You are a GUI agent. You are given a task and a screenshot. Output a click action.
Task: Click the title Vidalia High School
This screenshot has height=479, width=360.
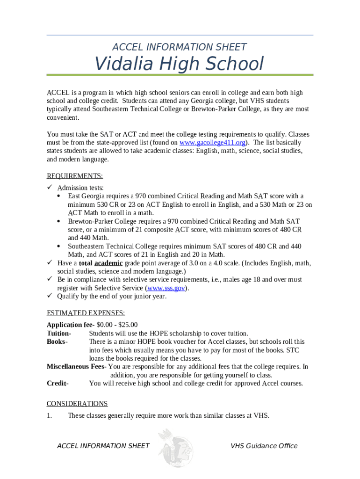pyautogui.click(x=180, y=64)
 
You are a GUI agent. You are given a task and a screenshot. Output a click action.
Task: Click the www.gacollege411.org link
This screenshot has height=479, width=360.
pyautogui.click(x=213, y=142)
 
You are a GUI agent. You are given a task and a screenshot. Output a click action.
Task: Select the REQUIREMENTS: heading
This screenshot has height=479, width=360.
pyautogui.click(x=75, y=176)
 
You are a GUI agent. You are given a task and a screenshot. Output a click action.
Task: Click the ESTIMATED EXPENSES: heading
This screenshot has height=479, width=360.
pyautogui.click(x=86, y=313)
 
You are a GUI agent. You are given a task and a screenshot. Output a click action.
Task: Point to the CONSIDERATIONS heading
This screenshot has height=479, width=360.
pyautogui.click(x=77, y=403)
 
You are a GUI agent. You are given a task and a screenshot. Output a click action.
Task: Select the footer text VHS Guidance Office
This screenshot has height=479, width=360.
pyautogui.click(x=264, y=446)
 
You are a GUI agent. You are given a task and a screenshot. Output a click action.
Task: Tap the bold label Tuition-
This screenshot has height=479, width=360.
pyautogui.click(x=59, y=333)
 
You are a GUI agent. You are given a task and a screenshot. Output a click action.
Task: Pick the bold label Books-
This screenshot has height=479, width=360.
pyautogui.click(x=57, y=341)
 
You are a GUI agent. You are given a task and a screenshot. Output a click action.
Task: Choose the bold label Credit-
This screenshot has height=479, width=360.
pyautogui.click(x=58, y=384)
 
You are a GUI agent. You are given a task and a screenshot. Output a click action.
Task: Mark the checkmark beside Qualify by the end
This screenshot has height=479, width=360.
pyautogui.click(x=50, y=296)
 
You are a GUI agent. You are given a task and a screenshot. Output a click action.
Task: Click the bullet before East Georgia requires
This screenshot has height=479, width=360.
pyautogui.click(x=58, y=196)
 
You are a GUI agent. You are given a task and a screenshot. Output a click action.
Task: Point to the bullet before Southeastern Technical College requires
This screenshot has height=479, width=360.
pyautogui.click(x=58, y=246)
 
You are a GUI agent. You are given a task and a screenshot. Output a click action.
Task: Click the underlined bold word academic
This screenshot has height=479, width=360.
pyautogui.click(x=108, y=263)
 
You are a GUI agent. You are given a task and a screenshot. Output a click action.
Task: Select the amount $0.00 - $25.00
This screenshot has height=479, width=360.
pyautogui.click(x=117, y=325)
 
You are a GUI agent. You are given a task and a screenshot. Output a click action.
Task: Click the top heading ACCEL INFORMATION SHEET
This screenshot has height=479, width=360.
pyautogui.click(x=180, y=47)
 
